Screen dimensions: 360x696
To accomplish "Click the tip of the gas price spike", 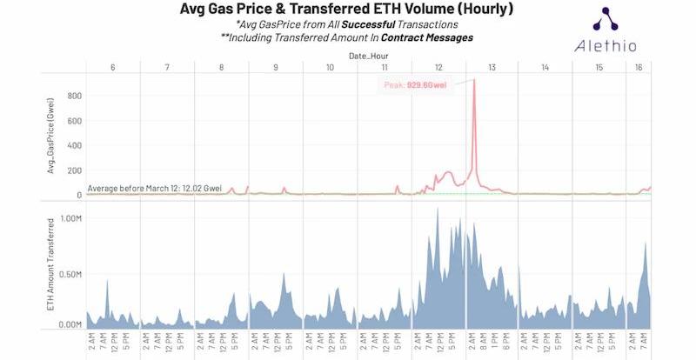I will coord(474,80).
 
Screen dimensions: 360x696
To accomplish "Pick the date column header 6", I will coord(112,68).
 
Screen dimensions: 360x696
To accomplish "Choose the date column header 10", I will coord(329,68).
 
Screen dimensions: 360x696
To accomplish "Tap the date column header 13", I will coord(492,68).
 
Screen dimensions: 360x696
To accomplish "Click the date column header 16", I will coord(639,68).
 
